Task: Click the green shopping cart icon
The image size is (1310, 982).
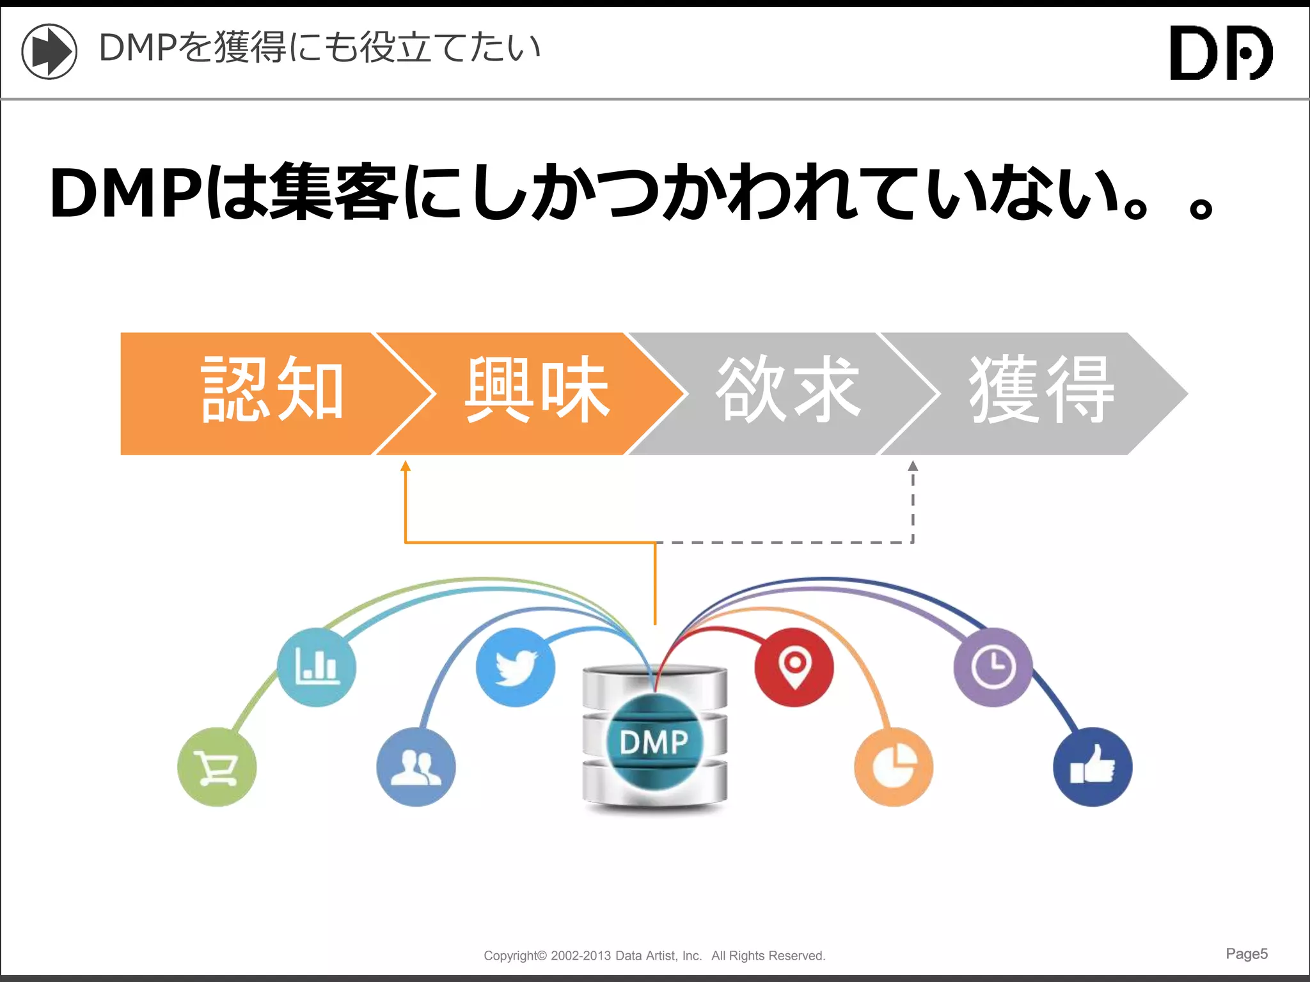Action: pos(217,767)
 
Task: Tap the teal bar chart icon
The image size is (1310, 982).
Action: pos(317,667)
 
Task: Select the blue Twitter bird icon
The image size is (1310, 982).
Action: pos(516,667)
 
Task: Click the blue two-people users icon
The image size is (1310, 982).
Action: pos(416,767)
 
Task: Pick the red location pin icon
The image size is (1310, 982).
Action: pos(794,667)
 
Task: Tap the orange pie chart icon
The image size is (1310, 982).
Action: pos(894,767)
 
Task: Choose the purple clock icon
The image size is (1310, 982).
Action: pos(993,667)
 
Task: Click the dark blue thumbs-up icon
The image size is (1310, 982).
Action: pos(1093,767)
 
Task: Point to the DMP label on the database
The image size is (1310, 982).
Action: pos(654,742)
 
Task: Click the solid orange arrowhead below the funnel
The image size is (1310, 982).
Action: pos(405,466)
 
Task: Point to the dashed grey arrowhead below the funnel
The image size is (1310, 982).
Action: pos(913,466)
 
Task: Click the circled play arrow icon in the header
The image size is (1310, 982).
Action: pos(49,51)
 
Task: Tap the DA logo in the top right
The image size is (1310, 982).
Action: pos(1221,52)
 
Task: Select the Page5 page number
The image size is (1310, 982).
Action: pos(1246,953)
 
